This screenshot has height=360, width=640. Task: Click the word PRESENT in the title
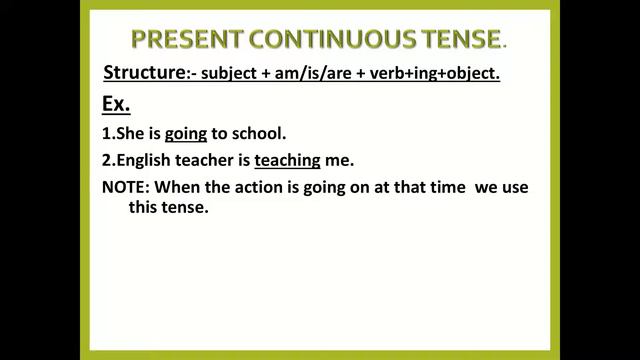point(183,40)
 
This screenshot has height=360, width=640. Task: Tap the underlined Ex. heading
point(117,104)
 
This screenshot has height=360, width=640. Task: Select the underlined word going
point(186,133)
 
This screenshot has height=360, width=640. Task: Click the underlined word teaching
point(287,160)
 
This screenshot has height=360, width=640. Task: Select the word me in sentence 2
point(341,160)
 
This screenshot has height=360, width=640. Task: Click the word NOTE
point(125,187)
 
